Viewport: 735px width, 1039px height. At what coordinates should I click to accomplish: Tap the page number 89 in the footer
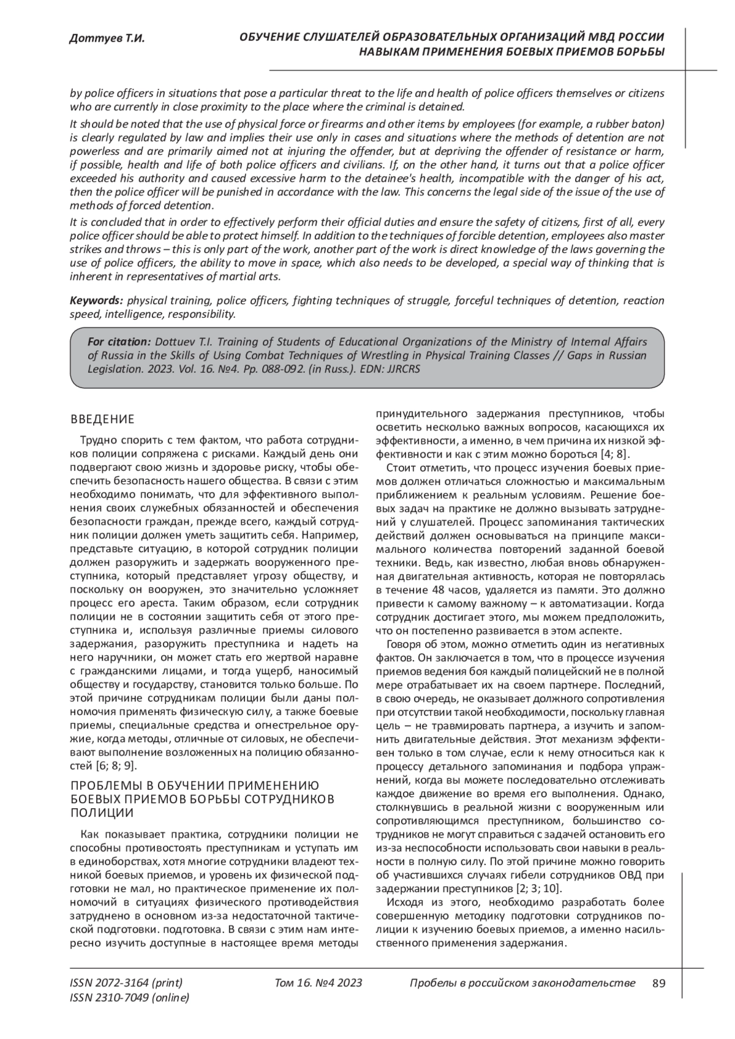[x=659, y=983]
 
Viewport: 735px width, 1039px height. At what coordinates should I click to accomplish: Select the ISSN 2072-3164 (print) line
[x=126, y=983]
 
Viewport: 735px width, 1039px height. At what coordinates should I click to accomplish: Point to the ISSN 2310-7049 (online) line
[x=130, y=998]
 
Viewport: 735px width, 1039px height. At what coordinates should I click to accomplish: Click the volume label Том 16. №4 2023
[x=319, y=983]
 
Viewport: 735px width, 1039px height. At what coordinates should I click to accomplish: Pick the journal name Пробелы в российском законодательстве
[x=522, y=983]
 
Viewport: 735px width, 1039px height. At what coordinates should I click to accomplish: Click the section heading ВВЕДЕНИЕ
[x=102, y=419]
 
